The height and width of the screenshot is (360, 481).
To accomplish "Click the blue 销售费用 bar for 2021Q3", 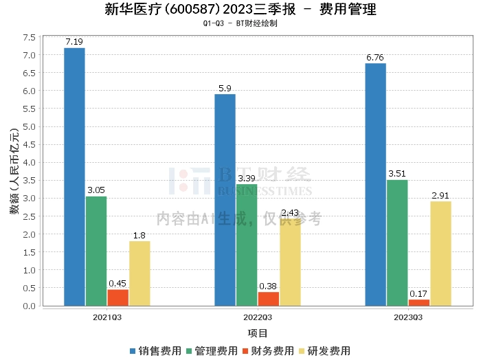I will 74,177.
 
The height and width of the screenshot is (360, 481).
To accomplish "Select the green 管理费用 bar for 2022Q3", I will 247,245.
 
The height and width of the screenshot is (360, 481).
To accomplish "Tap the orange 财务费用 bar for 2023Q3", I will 418,302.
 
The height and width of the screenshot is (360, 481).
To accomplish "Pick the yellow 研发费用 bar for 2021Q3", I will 139,273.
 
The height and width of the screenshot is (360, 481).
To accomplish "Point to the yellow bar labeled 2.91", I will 440,254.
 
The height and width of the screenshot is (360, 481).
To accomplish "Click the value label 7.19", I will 74,42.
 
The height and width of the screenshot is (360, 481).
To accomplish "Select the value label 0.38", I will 268,286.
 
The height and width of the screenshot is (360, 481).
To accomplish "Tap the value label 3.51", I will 397,174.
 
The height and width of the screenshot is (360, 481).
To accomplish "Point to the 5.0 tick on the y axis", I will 29,126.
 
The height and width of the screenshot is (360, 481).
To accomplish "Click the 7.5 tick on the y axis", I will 29,37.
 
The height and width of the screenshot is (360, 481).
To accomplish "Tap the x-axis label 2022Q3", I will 258,317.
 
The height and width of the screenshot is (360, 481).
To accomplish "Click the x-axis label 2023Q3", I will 408,317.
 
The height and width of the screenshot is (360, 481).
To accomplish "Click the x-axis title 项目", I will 258,333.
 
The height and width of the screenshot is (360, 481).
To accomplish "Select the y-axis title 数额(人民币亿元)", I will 13,172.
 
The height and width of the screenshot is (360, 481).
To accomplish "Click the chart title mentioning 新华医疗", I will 240,10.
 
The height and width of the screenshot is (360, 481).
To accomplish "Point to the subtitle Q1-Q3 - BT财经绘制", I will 240,23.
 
